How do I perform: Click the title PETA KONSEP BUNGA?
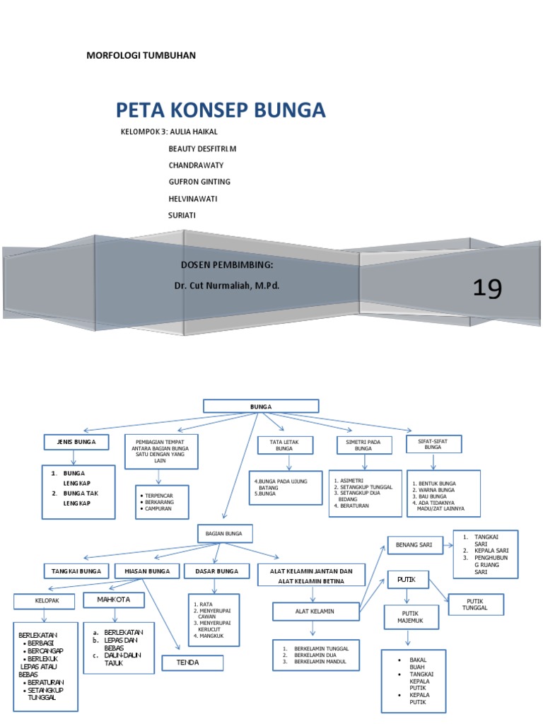point(221,110)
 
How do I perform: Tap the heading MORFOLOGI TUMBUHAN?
point(141,55)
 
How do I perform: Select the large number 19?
point(487,288)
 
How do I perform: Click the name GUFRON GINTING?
point(199,182)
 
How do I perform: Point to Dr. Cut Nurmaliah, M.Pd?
point(222,286)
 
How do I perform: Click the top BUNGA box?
point(261,406)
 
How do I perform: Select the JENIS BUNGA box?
point(78,443)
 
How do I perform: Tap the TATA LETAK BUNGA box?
point(284,445)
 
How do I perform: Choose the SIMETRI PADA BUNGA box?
point(363,445)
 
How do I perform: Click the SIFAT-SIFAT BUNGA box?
point(433,443)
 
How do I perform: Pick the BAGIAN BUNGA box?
point(223,533)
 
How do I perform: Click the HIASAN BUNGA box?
point(147,571)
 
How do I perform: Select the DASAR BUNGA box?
point(216,571)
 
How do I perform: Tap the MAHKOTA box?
point(115,600)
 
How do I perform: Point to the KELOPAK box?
point(44,602)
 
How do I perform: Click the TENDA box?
point(192,663)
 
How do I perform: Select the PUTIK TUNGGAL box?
point(476,605)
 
